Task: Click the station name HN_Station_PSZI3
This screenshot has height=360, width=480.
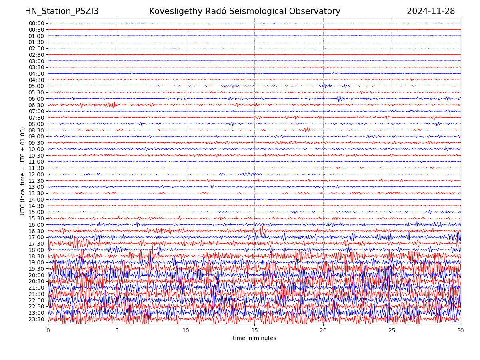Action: coord(62,11)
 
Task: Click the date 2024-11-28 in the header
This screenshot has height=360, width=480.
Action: coord(431,11)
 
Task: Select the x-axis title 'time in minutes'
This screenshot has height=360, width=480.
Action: coord(254,338)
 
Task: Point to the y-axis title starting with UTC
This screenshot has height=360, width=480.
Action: coord(23,171)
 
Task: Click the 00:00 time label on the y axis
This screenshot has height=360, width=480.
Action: coord(36,23)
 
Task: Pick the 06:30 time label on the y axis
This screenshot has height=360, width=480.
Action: coord(36,105)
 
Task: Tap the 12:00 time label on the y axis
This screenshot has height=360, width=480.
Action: coord(36,174)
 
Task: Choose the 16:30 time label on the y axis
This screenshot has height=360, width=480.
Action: coord(36,231)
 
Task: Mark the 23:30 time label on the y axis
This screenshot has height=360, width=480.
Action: coord(36,319)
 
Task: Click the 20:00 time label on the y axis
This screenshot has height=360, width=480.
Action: coord(36,275)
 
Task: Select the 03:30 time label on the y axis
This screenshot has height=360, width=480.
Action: coord(36,67)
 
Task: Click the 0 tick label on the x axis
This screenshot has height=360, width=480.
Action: coord(48,331)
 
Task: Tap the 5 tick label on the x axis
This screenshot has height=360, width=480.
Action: coord(117,331)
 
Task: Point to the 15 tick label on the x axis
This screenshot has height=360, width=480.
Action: coord(254,331)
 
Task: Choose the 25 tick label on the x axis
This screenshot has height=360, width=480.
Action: coord(392,331)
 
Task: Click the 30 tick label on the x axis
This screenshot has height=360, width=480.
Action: coord(461,331)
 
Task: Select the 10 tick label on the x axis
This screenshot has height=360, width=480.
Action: coord(186,331)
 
